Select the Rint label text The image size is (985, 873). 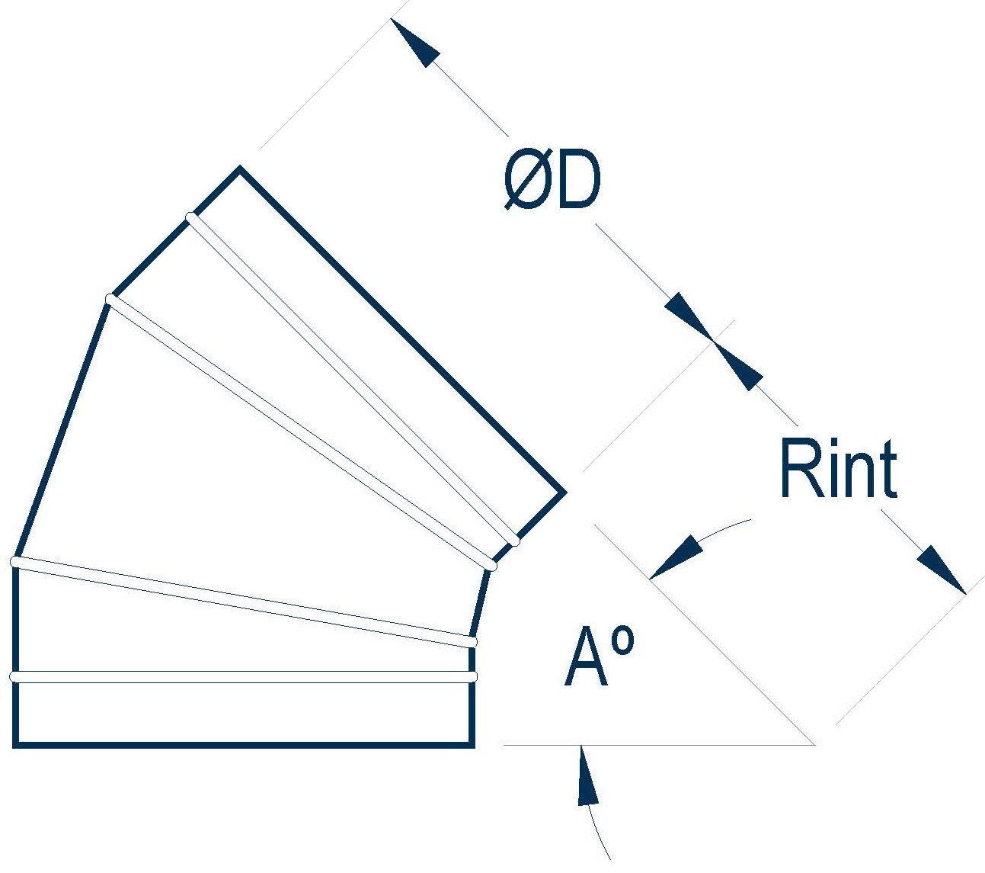click(838, 468)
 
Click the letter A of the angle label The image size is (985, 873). click(586, 659)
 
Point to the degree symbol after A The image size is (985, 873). click(622, 642)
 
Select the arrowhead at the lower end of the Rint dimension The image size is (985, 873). click(942, 569)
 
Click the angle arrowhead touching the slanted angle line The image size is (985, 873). click(675, 557)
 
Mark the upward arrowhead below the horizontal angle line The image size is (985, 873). click(587, 775)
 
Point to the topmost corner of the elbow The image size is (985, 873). click(241, 169)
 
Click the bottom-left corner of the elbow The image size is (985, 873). click(15, 743)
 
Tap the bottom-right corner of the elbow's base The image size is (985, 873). click(472, 743)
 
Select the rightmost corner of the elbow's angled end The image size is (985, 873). click(564, 493)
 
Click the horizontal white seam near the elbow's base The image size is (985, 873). click(244, 676)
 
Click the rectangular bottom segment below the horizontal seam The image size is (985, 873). click(244, 711)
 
